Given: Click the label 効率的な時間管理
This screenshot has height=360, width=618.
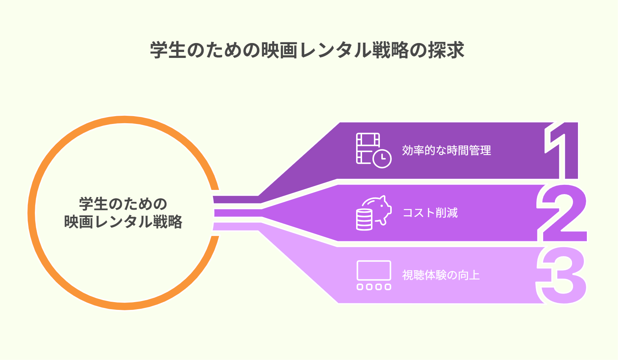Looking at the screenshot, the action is [446, 150].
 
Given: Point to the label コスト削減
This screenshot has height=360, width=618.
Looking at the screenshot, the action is [430, 213].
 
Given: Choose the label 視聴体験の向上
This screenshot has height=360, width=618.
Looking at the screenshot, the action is [441, 275].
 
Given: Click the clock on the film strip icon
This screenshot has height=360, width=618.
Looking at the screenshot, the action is [382, 159].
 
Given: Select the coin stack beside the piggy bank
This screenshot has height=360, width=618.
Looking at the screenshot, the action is [364, 219].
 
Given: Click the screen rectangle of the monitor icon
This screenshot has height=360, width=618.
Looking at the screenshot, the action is [374, 271].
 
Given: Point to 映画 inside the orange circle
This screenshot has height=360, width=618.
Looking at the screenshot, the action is [79, 222].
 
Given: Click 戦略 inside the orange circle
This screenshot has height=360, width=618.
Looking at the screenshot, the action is [168, 222].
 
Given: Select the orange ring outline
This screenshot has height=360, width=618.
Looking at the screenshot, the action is [32, 213].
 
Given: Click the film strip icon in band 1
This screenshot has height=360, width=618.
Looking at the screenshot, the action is [368, 148].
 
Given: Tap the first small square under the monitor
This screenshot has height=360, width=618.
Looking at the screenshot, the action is [360, 287].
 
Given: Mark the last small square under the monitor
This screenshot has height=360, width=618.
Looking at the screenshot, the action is [388, 287].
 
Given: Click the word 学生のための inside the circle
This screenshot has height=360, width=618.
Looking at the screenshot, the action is [123, 204].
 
